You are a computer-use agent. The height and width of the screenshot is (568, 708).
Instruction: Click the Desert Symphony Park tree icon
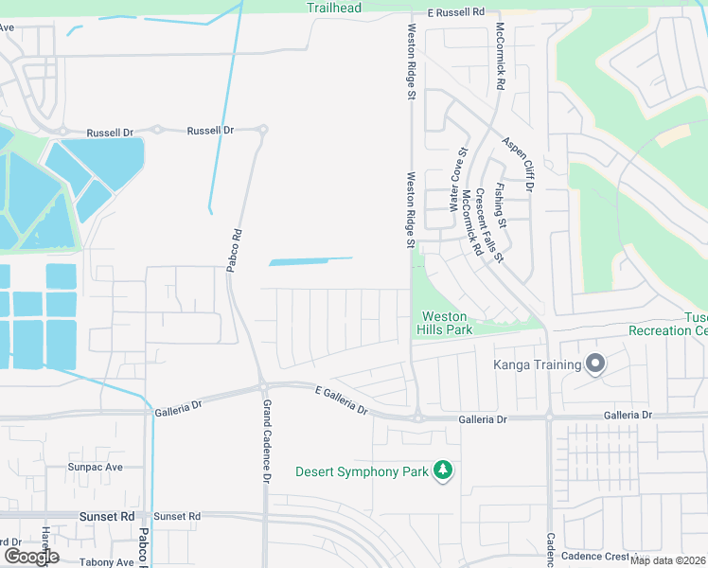(x=442, y=470)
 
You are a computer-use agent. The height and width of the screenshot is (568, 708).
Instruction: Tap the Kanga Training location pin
(x=595, y=364)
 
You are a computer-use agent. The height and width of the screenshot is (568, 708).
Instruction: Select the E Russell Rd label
(x=455, y=12)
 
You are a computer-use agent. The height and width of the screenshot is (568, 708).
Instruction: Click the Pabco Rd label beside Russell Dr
(x=234, y=251)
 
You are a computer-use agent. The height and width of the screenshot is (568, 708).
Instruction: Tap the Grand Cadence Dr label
(x=266, y=441)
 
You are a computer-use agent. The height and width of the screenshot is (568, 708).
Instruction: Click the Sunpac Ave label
(x=95, y=468)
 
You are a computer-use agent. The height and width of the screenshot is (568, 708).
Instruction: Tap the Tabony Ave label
(x=107, y=562)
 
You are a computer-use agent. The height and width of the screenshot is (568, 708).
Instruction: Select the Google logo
(x=31, y=557)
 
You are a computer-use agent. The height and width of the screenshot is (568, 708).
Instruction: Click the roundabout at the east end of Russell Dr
(x=263, y=130)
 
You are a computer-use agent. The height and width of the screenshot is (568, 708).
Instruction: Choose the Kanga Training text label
(x=537, y=364)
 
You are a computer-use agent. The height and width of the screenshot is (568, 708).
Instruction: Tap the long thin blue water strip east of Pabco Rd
(x=310, y=260)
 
